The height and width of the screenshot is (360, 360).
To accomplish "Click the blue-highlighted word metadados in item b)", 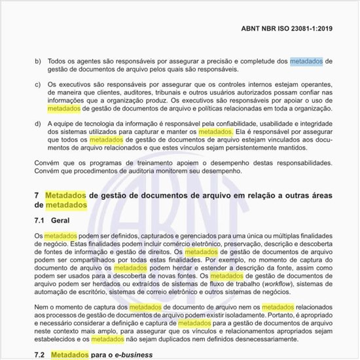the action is [x=306, y=61].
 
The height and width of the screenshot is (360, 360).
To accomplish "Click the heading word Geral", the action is [x=60, y=221].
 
